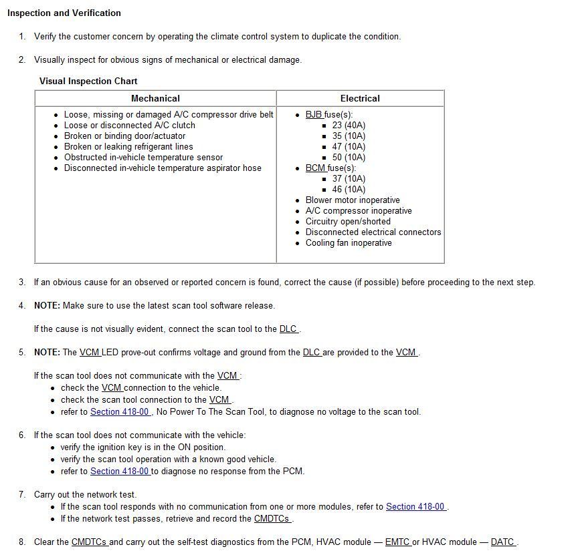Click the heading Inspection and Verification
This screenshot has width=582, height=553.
point(64,13)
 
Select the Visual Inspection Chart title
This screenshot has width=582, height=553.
point(88,81)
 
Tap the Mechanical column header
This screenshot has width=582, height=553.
point(155,98)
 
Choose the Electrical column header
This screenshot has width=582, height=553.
point(360,98)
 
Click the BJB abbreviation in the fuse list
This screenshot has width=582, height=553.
point(314,114)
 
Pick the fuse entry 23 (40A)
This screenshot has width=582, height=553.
point(349,125)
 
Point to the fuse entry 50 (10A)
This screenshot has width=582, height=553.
point(349,157)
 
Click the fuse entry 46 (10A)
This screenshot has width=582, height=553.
point(349,189)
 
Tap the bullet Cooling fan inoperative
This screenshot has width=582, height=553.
point(349,242)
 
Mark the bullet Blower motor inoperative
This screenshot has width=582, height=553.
point(353,200)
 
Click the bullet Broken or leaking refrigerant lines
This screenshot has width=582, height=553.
point(128,146)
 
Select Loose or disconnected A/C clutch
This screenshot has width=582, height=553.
point(130,125)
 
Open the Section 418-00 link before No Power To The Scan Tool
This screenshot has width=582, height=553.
point(120,411)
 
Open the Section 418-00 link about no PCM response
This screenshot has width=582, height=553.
point(120,471)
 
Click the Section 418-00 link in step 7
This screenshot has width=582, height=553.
point(415,506)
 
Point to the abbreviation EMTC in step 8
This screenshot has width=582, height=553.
point(397,542)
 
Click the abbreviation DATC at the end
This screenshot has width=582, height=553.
point(502,542)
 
